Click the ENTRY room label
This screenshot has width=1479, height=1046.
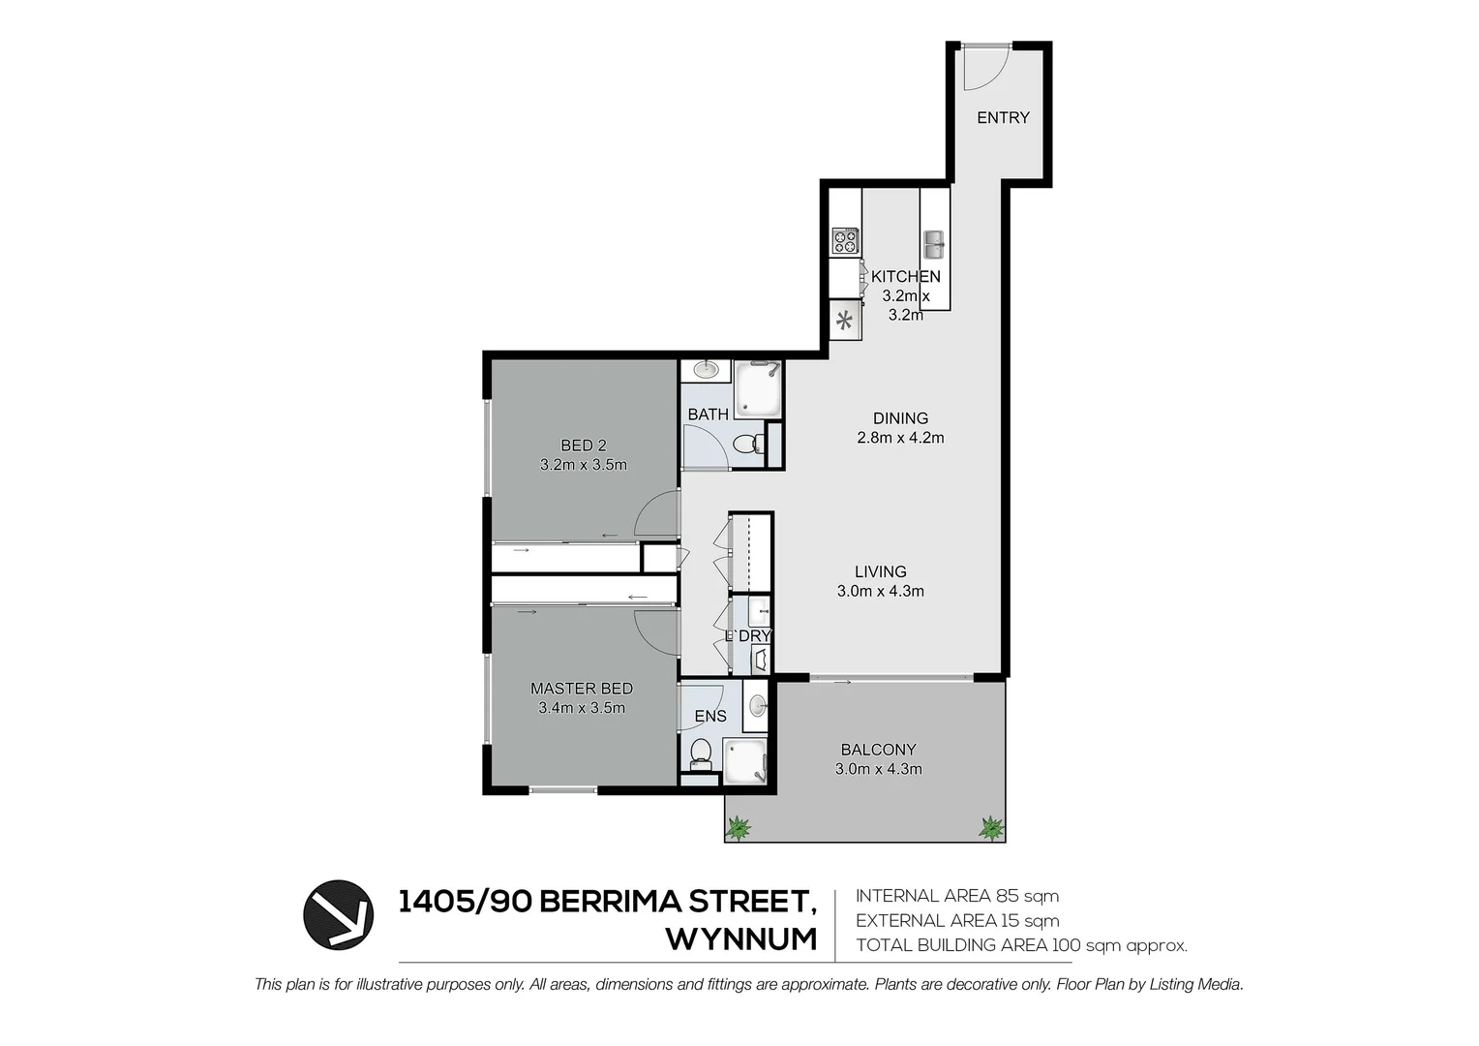point(1003,117)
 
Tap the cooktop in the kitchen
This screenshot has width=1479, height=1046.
point(845,241)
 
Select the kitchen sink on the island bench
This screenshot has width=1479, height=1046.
point(934,244)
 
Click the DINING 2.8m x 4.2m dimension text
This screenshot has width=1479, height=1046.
point(900,438)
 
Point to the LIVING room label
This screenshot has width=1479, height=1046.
point(880,571)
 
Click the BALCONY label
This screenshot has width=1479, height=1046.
point(878,749)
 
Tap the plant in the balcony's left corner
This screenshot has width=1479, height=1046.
point(739,828)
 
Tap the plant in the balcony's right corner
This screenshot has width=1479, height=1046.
point(991,828)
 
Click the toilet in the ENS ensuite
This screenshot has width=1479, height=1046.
point(699,753)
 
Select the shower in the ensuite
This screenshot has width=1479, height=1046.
point(745,759)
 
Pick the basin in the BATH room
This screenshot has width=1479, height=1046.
point(706,369)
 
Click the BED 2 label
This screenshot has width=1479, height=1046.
point(584,446)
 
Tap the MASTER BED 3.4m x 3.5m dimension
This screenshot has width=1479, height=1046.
point(582,708)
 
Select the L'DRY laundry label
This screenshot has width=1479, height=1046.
point(748,636)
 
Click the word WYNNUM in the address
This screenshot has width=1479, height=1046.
point(741,939)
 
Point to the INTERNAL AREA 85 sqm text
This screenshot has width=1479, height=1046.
point(956,896)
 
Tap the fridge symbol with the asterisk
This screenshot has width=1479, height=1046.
point(845,321)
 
